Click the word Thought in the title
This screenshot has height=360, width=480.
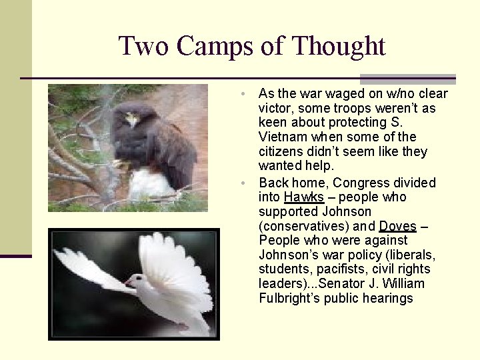pos(339,47)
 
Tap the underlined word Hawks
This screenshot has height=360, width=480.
pos(303,197)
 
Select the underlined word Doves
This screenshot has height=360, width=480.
pos(397,227)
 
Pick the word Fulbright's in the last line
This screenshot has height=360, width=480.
pos(292,299)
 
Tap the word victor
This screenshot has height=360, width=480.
pos(275,108)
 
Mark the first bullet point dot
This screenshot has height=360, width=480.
pos(245,94)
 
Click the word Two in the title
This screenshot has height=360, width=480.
pos(143,47)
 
